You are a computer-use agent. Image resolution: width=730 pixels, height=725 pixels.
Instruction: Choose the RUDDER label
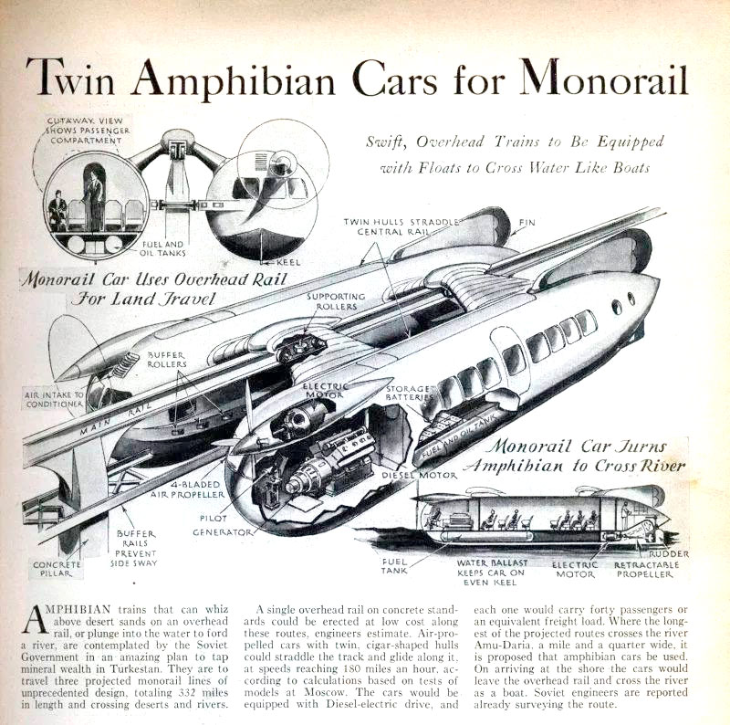pos(669,553)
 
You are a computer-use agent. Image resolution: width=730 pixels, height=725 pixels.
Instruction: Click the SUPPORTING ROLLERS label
pos(335,302)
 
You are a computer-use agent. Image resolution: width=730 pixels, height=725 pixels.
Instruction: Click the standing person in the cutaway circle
pos(95,200)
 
